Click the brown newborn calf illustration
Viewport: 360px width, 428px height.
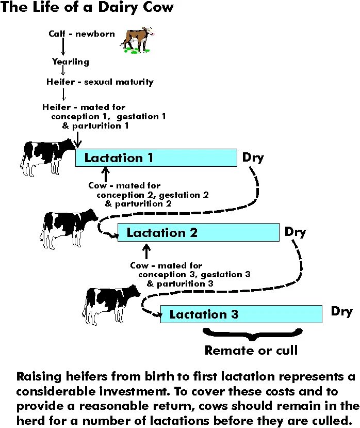[137, 40]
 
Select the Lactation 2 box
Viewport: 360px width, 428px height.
[198, 232]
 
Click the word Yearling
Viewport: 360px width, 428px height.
[71, 61]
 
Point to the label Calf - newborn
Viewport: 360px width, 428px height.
[75, 34]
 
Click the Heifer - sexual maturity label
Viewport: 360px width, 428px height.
[100, 82]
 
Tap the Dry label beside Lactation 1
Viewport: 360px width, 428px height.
[253, 157]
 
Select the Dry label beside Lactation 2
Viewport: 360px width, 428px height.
[295, 232]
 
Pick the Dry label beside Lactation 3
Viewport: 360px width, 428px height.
[341, 311]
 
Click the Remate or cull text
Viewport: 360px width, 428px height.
[251, 351]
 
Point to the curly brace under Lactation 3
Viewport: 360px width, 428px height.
[251, 333]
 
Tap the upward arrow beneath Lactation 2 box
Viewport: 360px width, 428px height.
[146, 251]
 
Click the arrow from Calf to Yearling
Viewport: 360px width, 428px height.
[63, 47]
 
